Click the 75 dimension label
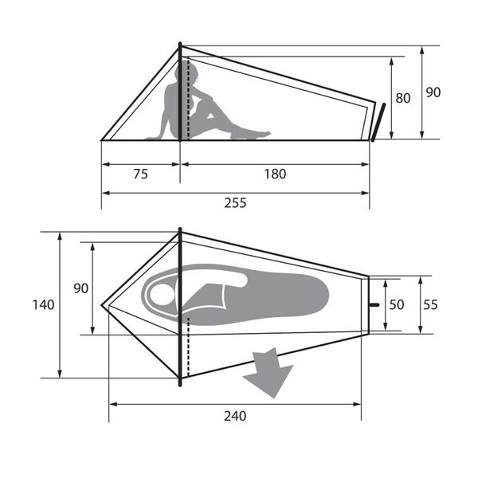click(x=140, y=174)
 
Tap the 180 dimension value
click(x=275, y=174)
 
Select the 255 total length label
click(x=235, y=203)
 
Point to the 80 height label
click(x=402, y=98)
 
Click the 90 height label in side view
click(x=433, y=92)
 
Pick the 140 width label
click(x=43, y=305)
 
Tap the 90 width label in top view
click(x=80, y=288)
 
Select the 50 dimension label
click(x=397, y=305)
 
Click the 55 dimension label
click(x=430, y=305)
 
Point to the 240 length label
click(x=235, y=416)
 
